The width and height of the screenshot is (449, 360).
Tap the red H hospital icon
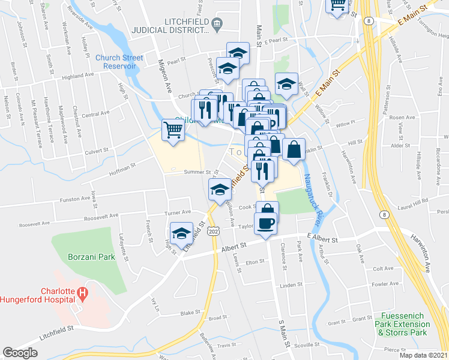point(84,293)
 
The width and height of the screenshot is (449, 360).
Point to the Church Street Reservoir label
point(119,62)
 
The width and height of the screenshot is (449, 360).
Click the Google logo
point(20,353)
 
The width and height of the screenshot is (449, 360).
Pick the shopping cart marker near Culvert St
point(173,130)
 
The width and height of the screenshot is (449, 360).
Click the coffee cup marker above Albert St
point(265,224)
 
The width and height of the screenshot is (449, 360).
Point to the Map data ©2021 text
point(423,355)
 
